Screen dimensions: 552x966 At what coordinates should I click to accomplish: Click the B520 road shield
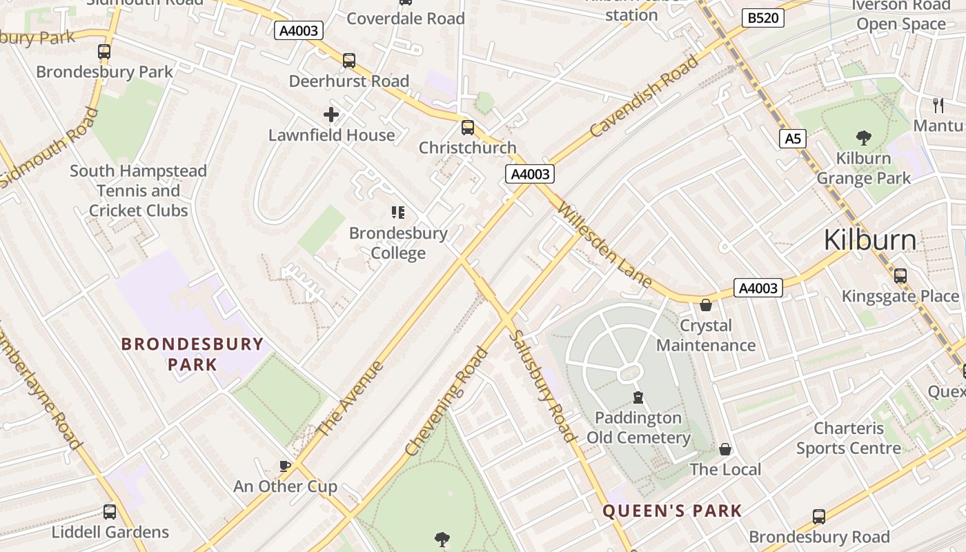(763, 18)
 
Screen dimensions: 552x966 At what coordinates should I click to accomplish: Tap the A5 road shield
(793, 139)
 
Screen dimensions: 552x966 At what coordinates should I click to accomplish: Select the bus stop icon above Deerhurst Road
(349, 61)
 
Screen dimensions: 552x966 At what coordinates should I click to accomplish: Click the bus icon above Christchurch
(468, 128)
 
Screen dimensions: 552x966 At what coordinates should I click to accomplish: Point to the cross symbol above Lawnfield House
(331, 115)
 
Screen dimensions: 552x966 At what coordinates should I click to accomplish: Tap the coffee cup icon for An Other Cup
(285, 466)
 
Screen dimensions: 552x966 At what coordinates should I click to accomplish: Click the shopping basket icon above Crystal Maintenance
(706, 305)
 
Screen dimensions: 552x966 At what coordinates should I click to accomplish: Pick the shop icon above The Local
(725, 449)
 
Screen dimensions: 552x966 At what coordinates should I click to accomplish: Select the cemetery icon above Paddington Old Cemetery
(638, 397)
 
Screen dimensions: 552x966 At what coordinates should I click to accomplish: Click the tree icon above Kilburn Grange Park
(863, 138)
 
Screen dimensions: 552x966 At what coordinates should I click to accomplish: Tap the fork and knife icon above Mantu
(938, 105)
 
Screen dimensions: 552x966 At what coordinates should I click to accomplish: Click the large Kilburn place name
(870, 240)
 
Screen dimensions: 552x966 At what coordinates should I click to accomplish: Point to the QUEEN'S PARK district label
(672, 511)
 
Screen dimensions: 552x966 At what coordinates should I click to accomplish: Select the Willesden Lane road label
(604, 244)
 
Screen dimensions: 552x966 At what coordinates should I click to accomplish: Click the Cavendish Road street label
(644, 97)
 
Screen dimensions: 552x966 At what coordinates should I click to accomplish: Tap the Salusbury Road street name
(542, 386)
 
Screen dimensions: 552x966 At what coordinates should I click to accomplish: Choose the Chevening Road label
(446, 402)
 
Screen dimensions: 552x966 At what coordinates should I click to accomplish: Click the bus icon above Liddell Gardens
(110, 512)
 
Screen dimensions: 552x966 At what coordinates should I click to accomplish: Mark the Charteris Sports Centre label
(849, 438)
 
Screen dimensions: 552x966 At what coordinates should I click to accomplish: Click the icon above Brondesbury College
(397, 213)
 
